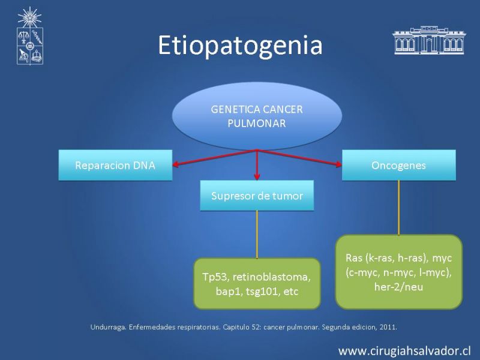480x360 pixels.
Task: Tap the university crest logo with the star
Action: [x=29, y=36]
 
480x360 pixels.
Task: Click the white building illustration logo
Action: [x=428, y=40]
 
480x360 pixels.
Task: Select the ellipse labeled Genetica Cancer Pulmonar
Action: [x=257, y=116]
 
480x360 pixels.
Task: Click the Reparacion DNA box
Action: [x=115, y=165]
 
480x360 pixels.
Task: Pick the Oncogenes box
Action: [x=398, y=165]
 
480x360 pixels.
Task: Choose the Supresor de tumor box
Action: [x=257, y=196]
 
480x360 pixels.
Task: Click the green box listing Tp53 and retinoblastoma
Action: [x=257, y=283]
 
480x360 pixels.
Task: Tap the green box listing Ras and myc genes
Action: [x=398, y=272]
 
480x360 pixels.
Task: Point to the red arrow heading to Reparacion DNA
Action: [x=215, y=157]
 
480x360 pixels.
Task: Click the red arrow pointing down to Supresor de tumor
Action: [x=257, y=164]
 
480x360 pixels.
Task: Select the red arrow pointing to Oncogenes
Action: [x=299, y=157]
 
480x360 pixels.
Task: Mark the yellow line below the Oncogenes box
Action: [x=398, y=208]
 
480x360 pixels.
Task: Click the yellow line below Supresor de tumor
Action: [x=257, y=235]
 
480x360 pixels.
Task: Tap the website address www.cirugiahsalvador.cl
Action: [x=404, y=351]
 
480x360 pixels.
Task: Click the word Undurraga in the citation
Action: [x=108, y=327]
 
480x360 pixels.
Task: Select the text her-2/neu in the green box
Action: [x=398, y=287]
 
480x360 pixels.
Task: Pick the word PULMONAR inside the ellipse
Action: [x=257, y=124]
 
